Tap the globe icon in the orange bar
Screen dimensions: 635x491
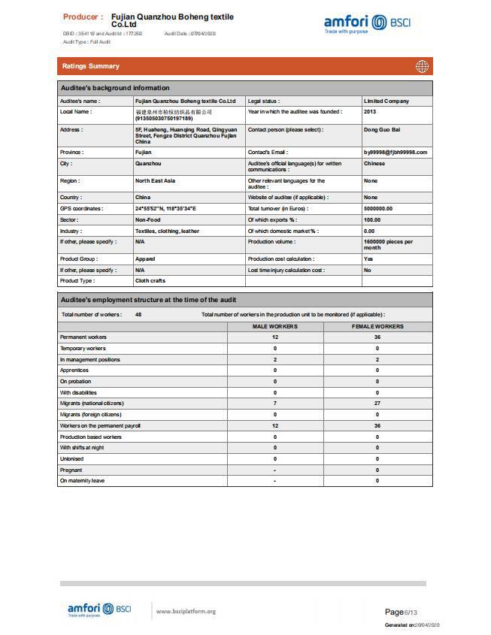pos(422,66)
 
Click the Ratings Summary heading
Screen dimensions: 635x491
pos(90,66)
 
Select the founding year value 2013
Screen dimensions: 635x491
pos(370,111)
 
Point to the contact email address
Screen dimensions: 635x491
pos(395,152)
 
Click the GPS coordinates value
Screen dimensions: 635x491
pos(165,208)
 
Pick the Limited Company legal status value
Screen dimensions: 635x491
pos(386,101)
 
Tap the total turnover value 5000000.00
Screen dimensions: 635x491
pos(378,208)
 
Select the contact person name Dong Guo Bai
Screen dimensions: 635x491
pos(380,129)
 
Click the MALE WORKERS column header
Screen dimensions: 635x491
pos(274,326)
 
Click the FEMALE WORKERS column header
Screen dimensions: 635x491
pos(377,326)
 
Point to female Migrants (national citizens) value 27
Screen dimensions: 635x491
pos(377,404)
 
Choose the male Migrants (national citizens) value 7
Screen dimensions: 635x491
pos(274,404)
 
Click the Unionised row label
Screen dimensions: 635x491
pos(72,458)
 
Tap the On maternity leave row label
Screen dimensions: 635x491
pos(82,481)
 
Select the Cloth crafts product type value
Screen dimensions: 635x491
pos(150,280)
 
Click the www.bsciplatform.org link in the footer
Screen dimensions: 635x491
pos(186,611)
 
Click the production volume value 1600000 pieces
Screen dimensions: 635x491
pos(387,244)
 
